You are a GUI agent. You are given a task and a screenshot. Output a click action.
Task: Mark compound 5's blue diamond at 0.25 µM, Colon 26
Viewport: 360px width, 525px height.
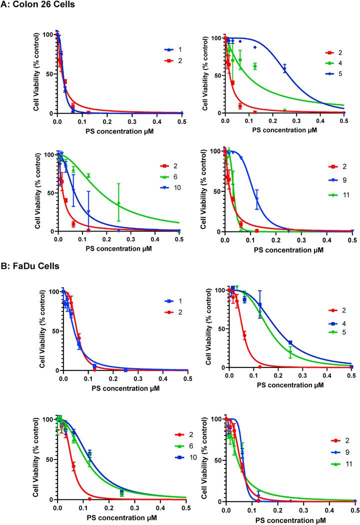click(285, 69)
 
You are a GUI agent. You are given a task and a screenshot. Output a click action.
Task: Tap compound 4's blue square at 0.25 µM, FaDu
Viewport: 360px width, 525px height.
click(290, 342)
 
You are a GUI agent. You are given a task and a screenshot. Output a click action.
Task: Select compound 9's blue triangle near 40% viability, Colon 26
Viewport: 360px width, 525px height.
click(257, 199)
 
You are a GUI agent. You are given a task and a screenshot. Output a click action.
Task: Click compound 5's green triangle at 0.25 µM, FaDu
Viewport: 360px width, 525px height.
click(290, 352)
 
